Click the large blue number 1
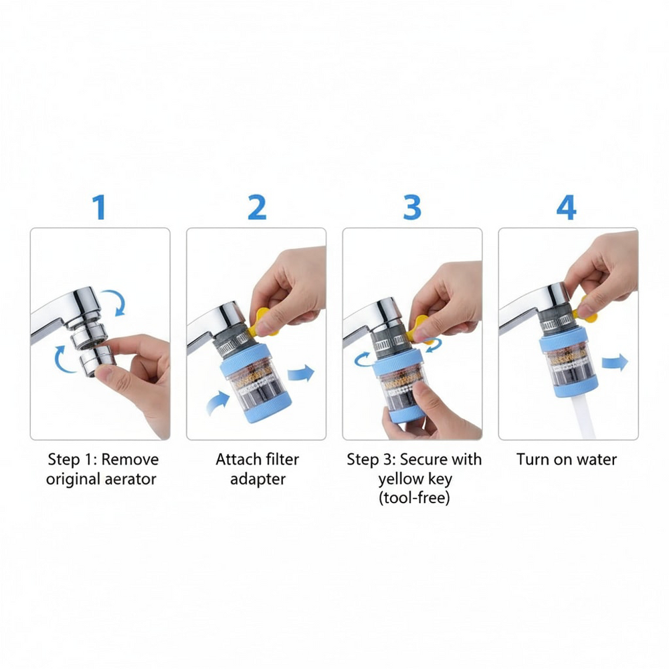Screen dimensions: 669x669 tap(100, 207)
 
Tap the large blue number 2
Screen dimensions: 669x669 tap(257, 207)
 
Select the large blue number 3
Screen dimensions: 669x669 tap(412, 207)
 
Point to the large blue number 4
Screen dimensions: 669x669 tap(566, 207)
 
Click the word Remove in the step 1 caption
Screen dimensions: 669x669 tap(130, 460)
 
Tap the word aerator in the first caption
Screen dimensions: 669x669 tap(130, 479)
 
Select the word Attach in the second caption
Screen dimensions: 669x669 tap(237, 460)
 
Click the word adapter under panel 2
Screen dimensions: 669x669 tap(258, 480)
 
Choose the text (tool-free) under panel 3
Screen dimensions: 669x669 tap(414, 498)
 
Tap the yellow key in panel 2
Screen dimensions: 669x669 tap(261, 322)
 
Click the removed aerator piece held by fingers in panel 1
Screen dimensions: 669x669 tap(98, 361)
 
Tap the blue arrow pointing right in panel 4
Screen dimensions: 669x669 tap(615, 363)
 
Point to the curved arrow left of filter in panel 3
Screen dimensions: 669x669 tap(363, 359)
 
